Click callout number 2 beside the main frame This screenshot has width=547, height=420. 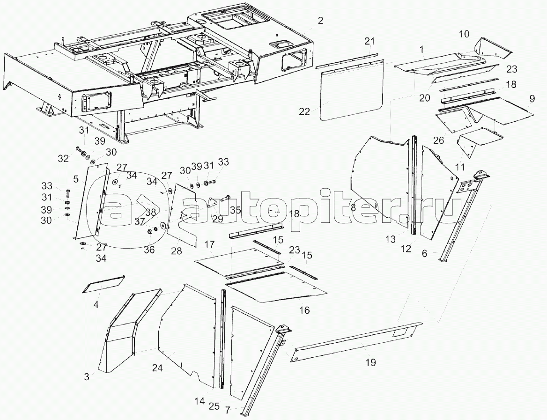pos(320,21)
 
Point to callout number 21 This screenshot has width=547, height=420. pos(370,41)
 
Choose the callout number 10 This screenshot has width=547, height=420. pos(464,34)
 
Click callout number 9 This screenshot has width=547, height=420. pos(532,99)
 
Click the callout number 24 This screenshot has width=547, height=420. pos(157,368)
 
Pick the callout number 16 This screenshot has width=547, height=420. pos(304,310)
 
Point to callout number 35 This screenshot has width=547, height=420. pos(235,210)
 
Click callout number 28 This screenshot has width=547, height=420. pos(176,251)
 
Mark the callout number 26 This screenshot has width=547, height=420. pos(438,140)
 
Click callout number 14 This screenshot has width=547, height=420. pos(199,401)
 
